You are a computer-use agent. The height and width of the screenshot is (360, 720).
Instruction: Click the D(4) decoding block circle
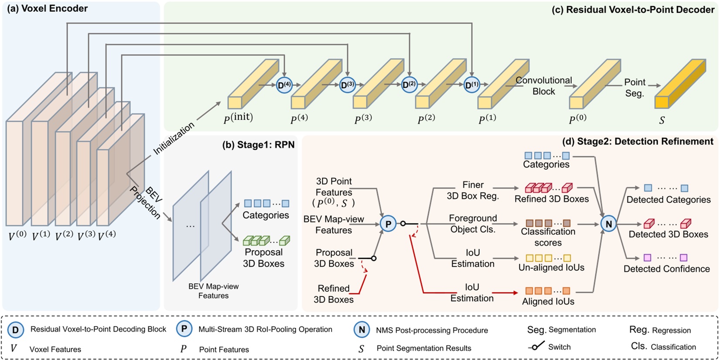pyautogui.click(x=284, y=85)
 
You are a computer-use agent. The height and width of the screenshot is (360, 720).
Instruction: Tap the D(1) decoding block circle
pyautogui.click(x=471, y=85)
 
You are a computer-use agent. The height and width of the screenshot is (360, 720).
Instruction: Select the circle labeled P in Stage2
pyautogui.click(x=388, y=224)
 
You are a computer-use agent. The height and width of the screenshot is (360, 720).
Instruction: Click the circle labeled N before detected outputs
pyautogui.click(x=608, y=224)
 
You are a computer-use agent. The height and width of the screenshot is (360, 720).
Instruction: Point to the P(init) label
pyautogui.click(x=238, y=118)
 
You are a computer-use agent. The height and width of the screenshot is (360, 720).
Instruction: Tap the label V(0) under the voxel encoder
pyautogui.click(x=17, y=236)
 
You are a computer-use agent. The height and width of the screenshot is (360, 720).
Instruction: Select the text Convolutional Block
pyautogui.click(x=543, y=86)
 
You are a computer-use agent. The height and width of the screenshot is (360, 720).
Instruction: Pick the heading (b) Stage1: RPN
pyautogui.click(x=258, y=145)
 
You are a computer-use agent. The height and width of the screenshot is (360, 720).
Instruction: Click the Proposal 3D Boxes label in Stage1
pyautogui.click(x=263, y=258)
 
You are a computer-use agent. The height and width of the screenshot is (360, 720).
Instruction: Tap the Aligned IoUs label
pyautogui.click(x=548, y=302)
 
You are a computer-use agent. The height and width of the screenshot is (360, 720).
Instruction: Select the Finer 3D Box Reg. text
pyautogui.click(x=473, y=191)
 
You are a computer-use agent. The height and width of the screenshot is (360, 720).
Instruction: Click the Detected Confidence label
pyautogui.click(x=666, y=269)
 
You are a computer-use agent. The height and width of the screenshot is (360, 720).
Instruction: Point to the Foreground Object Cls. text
pyautogui.click(x=473, y=223)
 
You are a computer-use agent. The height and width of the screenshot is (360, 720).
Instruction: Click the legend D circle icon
pyautogui.click(x=16, y=329)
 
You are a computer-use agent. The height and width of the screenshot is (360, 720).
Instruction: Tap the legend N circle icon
pyautogui.click(x=362, y=329)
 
